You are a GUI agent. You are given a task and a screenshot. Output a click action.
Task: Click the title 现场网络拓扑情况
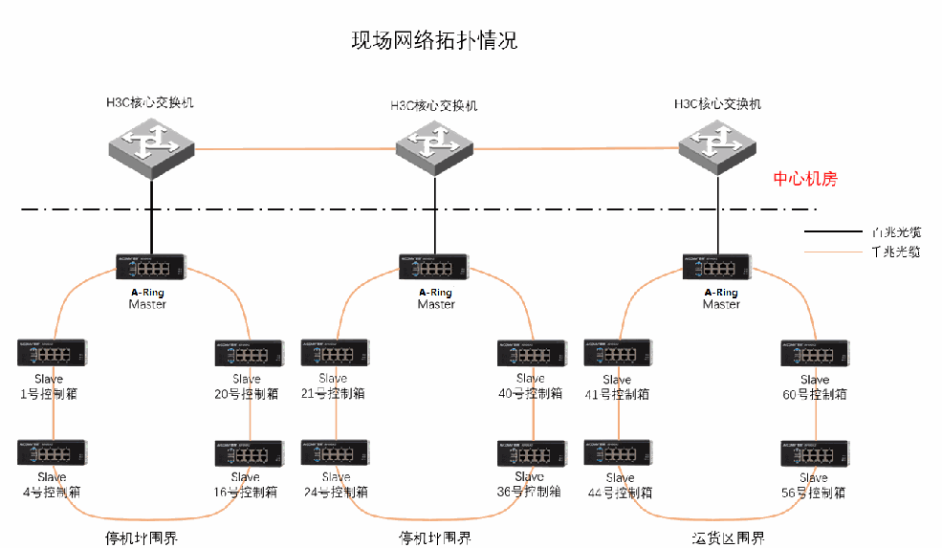tap(434, 40)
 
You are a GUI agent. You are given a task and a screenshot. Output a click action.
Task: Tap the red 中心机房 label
tap(805, 179)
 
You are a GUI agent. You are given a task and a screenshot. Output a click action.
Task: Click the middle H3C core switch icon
tap(435, 147)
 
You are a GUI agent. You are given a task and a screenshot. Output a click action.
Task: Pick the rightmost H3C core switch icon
tap(718, 144)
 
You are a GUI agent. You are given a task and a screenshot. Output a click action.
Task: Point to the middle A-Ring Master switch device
tap(434, 267)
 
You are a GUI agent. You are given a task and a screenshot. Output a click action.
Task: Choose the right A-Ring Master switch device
tap(718, 267)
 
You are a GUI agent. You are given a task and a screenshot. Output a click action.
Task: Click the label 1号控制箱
tap(52, 393)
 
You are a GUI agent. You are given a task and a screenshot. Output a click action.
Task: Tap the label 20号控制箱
tap(247, 393)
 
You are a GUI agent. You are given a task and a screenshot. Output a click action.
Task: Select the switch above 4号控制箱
tap(53, 452)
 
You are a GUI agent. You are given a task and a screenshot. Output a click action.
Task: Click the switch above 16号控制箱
tap(248, 452)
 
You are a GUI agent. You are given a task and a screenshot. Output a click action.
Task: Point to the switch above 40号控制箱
tap(531, 353)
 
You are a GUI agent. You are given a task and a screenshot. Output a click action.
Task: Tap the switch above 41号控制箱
tap(619, 353)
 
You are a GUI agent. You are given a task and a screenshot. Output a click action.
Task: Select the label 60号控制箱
tap(815, 393)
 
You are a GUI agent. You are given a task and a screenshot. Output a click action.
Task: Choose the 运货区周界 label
tap(728, 538)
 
